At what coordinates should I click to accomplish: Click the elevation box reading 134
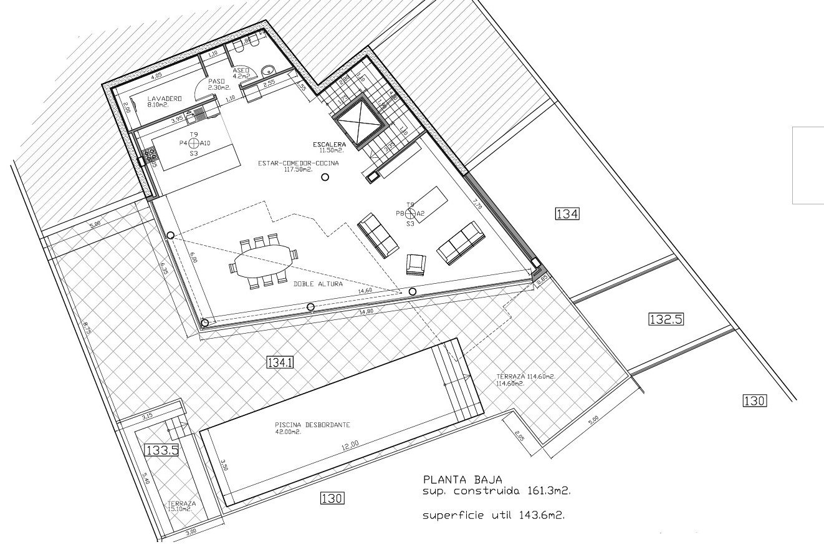567,214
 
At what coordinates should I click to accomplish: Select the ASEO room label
241,70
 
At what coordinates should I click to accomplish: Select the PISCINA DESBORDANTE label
312,425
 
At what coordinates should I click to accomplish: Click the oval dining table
263,261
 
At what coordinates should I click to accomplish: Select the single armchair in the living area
416,264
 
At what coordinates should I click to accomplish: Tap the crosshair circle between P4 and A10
194,143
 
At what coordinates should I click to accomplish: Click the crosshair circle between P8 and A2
411,213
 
